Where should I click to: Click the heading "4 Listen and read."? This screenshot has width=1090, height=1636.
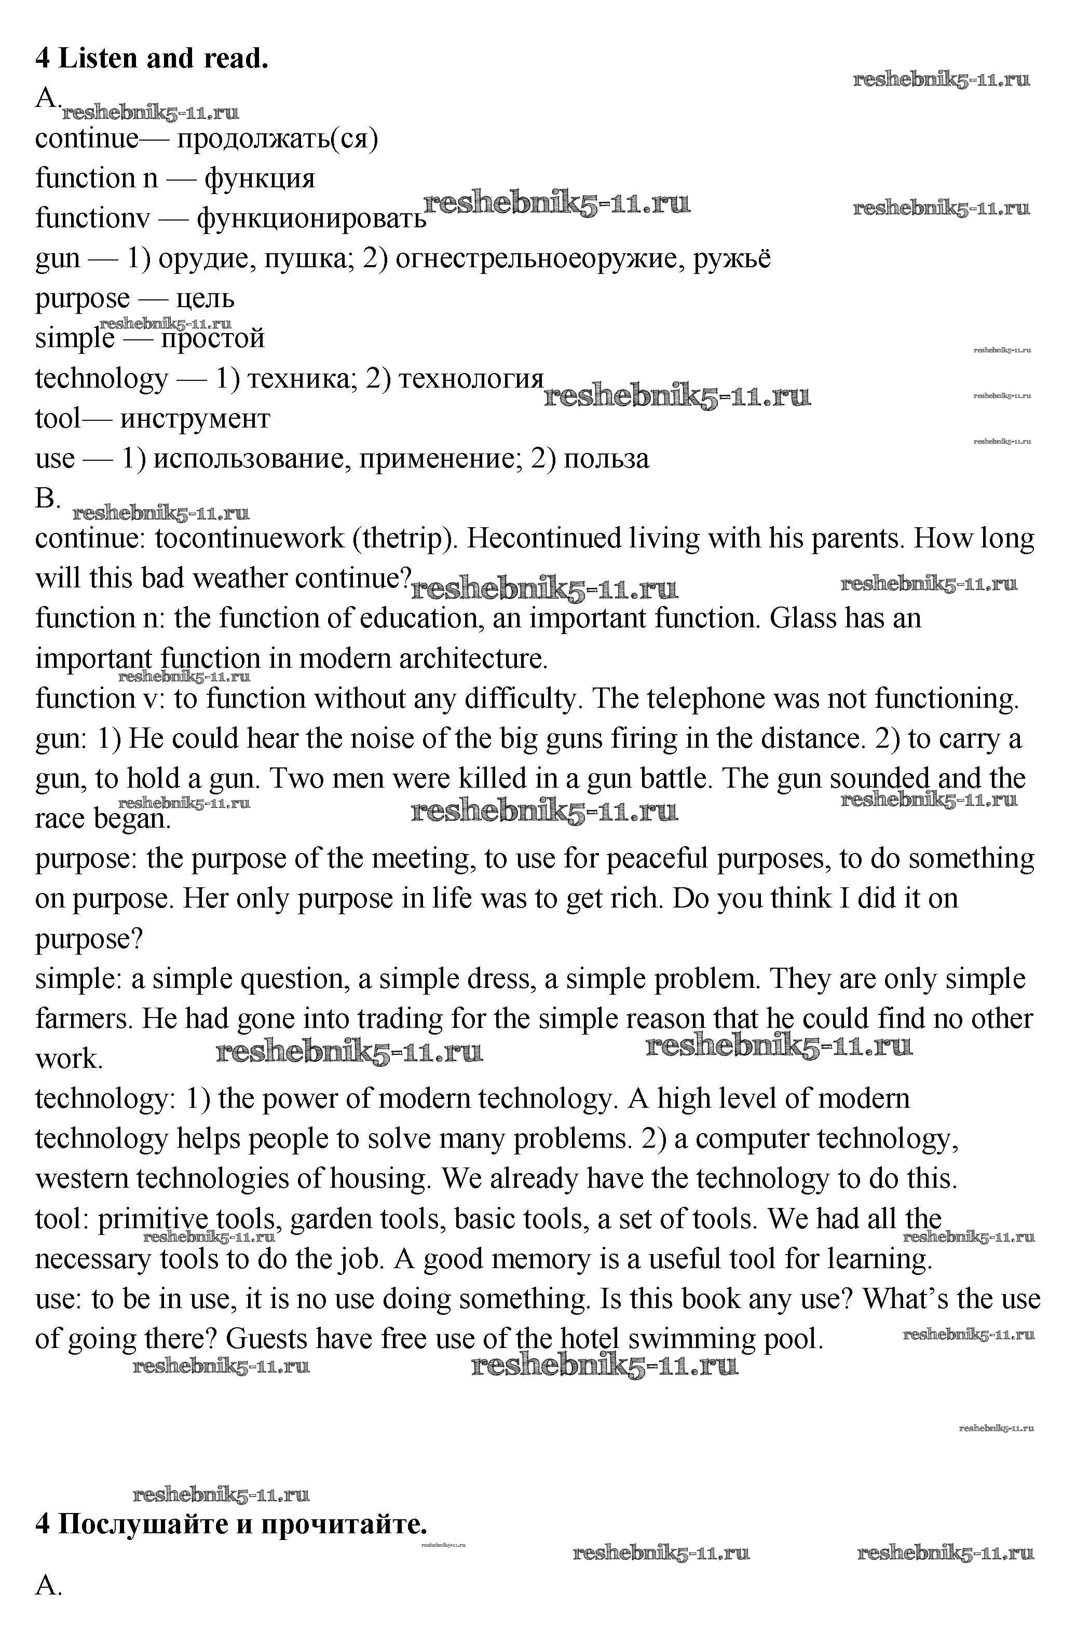152,59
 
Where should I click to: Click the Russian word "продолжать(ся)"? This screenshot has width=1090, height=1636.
277,139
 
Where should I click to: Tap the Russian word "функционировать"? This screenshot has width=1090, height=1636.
311,219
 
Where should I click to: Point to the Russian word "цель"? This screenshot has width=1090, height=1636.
205,299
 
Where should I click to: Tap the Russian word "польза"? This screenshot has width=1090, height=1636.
606,459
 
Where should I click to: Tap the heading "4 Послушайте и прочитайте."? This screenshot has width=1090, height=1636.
231,1524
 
